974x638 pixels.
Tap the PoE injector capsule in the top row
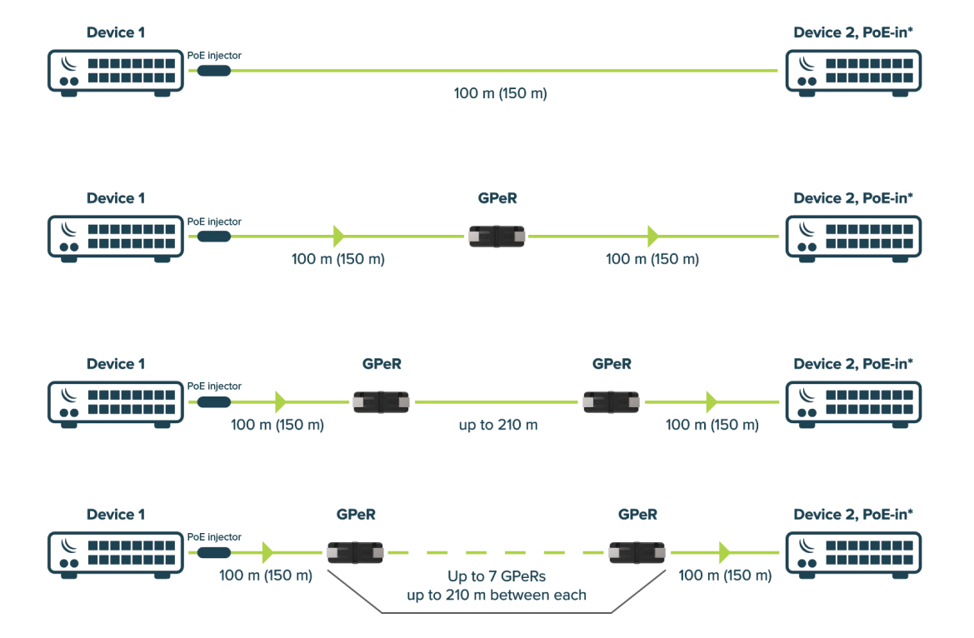(x=214, y=72)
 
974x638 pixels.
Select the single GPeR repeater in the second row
(x=497, y=237)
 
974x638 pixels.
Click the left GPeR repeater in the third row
(x=382, y=402)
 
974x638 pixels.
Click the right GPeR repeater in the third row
(x=612, y=402)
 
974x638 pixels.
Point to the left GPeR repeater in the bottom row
(x=355, y=552)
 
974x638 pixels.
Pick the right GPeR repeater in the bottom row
(x=637, y=552)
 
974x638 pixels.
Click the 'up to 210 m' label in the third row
(x=498, y=425)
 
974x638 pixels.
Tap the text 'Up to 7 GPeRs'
(x=496, y=576)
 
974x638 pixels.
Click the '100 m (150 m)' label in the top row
(x=500, y=93)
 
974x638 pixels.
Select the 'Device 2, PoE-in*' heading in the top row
(x=853, y=33)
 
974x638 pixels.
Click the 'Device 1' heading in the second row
(x=116, y=198)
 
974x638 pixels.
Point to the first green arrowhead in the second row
(x=338, y=237)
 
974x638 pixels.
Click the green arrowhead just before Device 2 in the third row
(x=711, y=402)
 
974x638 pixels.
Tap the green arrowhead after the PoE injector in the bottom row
(x=267, y=552)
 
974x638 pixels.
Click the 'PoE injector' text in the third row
(x=214, y=386)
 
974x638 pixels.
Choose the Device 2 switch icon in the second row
(x=853, y=238)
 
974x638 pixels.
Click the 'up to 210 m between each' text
(x=496, y=595)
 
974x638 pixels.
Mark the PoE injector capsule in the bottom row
(x=214, y=552)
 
